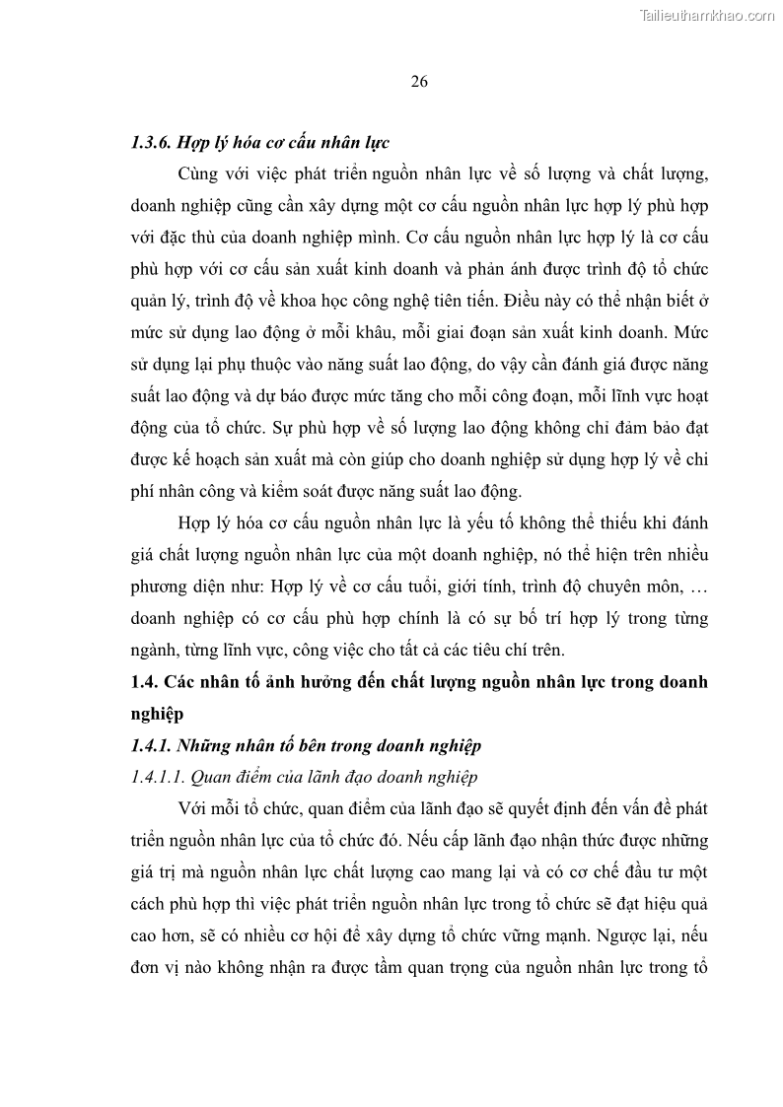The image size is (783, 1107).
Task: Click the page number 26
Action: [x=418, y=82]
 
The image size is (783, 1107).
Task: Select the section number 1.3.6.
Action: [x=152, y=141]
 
